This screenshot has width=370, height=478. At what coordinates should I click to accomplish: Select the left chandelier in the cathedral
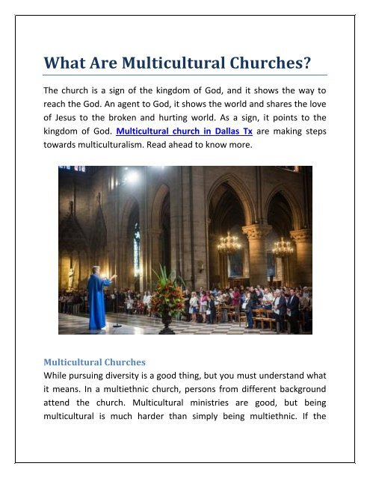(229, 243)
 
